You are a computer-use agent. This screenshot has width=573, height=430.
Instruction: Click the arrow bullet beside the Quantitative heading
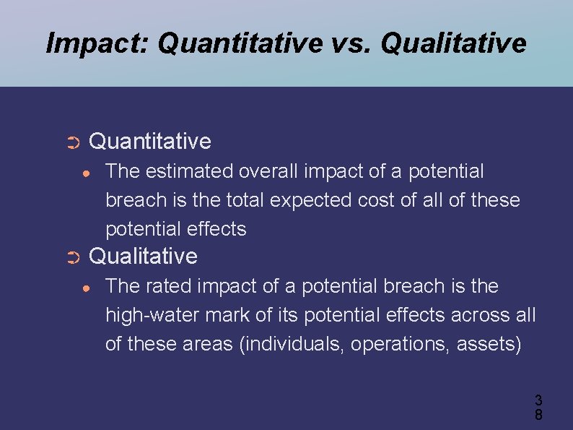click(72, 142)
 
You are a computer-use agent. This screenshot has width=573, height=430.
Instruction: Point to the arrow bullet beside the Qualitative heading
click(72, 257)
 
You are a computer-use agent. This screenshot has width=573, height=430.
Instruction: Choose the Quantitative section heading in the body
click(149, 141)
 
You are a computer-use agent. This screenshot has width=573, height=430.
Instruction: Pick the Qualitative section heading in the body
click(142, 256)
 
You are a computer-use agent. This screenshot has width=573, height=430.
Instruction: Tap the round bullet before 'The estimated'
click(86, 173)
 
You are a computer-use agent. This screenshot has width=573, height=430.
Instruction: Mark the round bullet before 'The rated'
click(86, 288)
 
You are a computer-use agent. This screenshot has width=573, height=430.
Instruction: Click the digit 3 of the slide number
click(538, 400)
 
